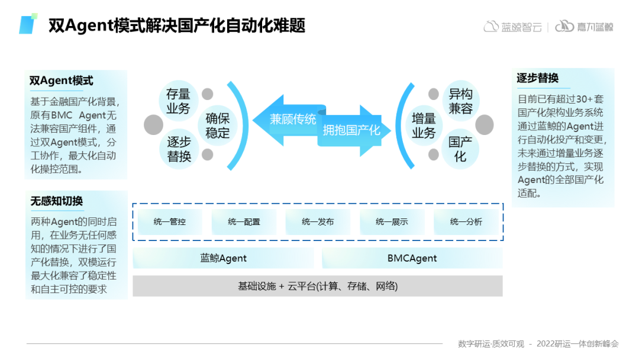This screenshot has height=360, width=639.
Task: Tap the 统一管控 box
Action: (170, 222)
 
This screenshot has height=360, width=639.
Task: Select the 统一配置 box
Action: (244, 222)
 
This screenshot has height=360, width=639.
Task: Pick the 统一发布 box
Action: (318, 222)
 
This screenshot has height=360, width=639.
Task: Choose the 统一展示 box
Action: (392, 222)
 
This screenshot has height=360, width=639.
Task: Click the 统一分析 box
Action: (466, 222)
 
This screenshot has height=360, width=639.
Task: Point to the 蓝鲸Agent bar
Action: (223, 258)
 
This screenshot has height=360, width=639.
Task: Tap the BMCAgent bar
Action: (412, 258)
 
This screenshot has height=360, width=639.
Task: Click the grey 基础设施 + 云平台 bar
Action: (318, 286)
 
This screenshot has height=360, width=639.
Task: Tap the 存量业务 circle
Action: (178, 101)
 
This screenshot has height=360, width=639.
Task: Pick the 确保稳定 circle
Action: (217, 126)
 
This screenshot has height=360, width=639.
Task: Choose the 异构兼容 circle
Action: (460, 101)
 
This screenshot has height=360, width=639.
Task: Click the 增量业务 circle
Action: (424, 126)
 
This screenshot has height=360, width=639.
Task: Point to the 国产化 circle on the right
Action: (460, 149)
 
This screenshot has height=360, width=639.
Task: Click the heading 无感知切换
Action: (57, 201)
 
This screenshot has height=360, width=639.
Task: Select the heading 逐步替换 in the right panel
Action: (537, 78)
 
